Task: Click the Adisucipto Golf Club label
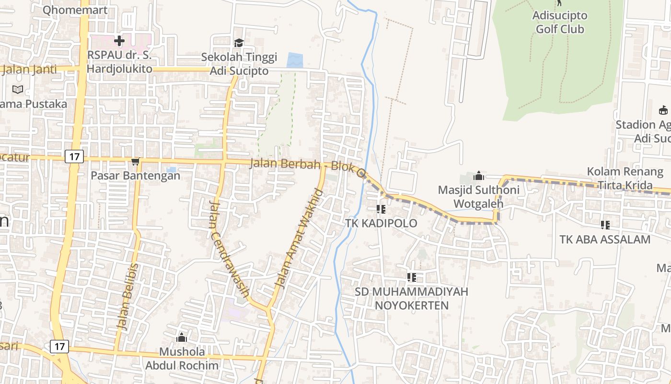pyautogui.click(x=559, y=22)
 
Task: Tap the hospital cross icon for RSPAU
pyautogui.click(x=119, y=41)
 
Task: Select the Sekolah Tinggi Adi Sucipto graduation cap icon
pyautogui.click(x=239, y=43)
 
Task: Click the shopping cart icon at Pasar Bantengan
pyautogui.click(x=136, y=162)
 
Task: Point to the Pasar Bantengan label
pyautogui.click(x=136, y=176)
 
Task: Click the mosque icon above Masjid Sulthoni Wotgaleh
pyautogui.click(x=478, y=176)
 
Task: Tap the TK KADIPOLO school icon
pyautogui.click(x=381, y=209)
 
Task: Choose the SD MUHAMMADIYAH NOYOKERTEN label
pyautogui.click(x=411, y=299)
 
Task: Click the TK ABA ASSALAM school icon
pyautogui.click(x=605, y=225)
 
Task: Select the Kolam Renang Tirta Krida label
pyautogui.click(x=625, y=179)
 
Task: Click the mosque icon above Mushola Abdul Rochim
pyautogui.click(x=182, y=337)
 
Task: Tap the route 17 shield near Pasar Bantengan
pyautogui.click(x=74, y=156)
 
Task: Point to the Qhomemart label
pyautogui.click(x=75, y=10)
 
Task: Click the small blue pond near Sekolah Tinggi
pyautogui.click(x=295, y=60)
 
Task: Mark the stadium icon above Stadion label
pyautogui.click(x=663, y=110)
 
